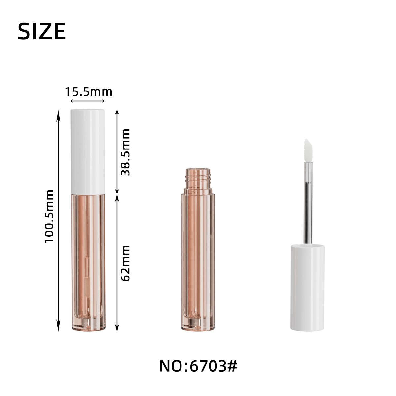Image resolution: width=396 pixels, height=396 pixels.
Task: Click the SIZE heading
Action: [42, 31]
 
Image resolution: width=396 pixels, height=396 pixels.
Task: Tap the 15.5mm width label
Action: [88, 92]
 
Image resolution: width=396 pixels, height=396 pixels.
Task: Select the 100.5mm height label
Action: [49, 216]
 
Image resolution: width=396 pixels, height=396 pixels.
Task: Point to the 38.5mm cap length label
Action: [125, 152]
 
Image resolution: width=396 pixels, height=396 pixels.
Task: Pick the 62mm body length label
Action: [125, 263]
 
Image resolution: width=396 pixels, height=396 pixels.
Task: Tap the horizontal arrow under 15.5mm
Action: [87, 101]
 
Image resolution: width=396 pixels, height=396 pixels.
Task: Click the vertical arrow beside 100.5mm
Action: [58, 221]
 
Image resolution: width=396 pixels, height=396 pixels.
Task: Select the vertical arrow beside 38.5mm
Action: [117, 152]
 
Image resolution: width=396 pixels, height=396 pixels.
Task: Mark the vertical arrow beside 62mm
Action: [117, 263]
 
